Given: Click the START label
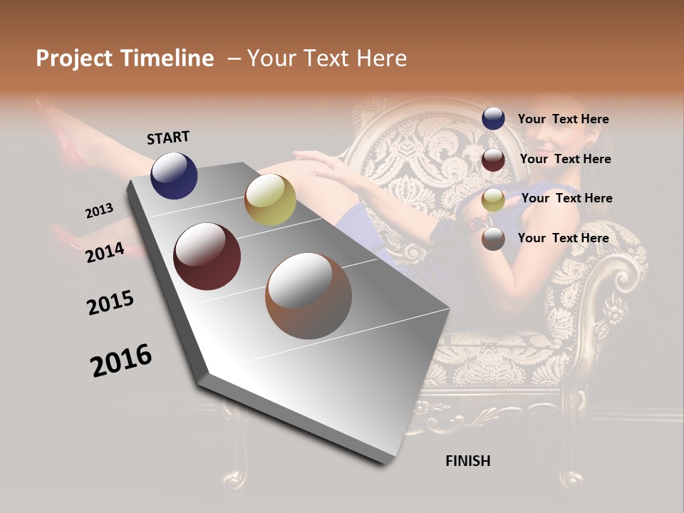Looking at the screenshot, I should pyautogui.click(x=168, y=138).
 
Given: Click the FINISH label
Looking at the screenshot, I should pyautogui.click(x=467, y=461).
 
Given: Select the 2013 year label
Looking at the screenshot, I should pyautogui.click(x=100, y=210).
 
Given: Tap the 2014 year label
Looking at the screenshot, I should pyautogui.click(x=105, y=252).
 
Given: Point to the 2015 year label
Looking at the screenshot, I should pyautogui.click(x=110, y=303).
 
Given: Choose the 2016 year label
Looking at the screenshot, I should pyautogui.click(x=121, y=361).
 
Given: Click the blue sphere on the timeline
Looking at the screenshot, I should pyautogui.click(x=174, y=175).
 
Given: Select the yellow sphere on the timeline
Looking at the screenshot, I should pyautogui.click(x=270, y=199).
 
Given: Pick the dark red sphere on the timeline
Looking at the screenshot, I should pyautogui.click(x=207, y=256).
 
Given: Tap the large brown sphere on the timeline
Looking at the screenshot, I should pyautogui.click(x=309, y=296).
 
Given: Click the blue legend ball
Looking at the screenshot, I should pyautogui.click(x=493, y=119).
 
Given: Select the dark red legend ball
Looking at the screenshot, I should pyautogui.click(x=493, y=160).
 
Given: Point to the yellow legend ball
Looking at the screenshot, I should pyautogui.click(x=493, y=199).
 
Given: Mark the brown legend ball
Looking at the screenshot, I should pyautogui.click(x=493, y=239).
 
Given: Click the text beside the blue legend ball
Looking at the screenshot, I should pyautogui.click(x=563, y=119).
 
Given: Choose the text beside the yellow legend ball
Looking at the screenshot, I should pyautogui.click(x=566, y=198).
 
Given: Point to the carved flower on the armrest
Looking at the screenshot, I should pyautogui.click(x=613, y=314).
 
